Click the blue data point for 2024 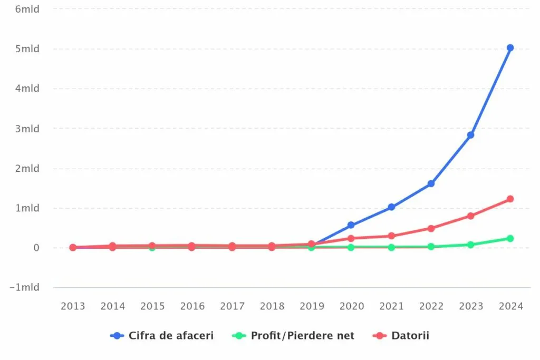(510, 48)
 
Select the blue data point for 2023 (470, 135)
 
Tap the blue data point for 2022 (431, 183)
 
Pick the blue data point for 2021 (391, 207)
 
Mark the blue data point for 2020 (351, 225)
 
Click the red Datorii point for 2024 (510, 199)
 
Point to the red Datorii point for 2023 (470, 216)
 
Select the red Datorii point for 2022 (431, 228)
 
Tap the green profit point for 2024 (510, 238)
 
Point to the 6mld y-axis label (28, 9)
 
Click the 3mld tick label (28, 129)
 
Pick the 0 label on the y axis (36, 248)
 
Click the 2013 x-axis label (73, 306)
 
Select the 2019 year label (312, 306)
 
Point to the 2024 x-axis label (510, 306)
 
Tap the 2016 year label (192, 306)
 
